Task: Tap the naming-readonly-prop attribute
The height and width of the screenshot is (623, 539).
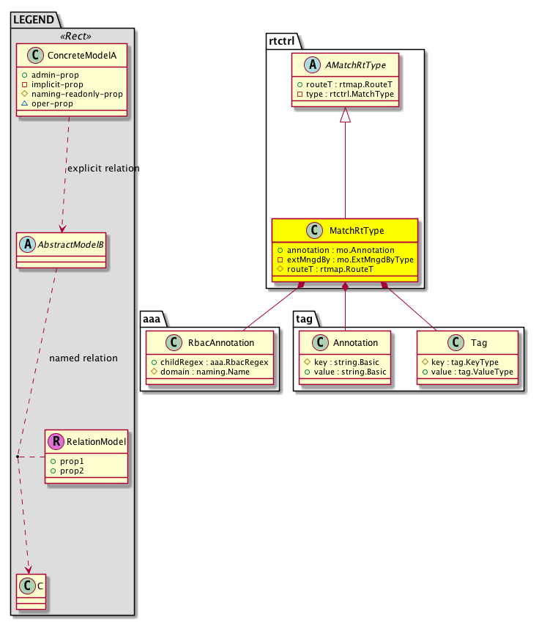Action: (76, 95)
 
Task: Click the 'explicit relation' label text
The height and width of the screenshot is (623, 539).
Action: (103, 169)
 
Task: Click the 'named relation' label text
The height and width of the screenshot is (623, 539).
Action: (83, 358)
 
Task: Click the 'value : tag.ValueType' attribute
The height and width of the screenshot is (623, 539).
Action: (469, 372)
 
